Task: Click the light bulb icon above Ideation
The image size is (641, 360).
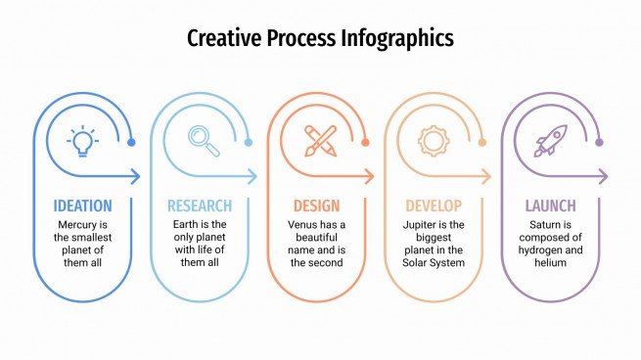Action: tap(82, 141)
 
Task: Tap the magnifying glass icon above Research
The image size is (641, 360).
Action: tap(203, 141)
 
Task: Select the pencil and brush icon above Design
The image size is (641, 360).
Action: tap(319, 141)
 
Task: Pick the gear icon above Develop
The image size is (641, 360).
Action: tap(434, 141)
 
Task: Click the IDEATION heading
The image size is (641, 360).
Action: tap(82, 206)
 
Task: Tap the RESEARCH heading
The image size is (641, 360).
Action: tap(200, 206)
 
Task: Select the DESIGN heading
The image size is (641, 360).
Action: tap(316, 206)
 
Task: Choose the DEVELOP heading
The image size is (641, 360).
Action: tap(433, 206)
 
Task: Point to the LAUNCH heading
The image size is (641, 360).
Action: tap(550, 206)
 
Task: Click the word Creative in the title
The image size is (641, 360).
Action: tap(223, 39)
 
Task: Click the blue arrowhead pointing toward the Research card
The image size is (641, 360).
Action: tap(136, 177)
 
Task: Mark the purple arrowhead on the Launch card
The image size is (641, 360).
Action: tap(604, 177)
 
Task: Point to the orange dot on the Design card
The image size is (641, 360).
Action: tap(365, 143)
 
